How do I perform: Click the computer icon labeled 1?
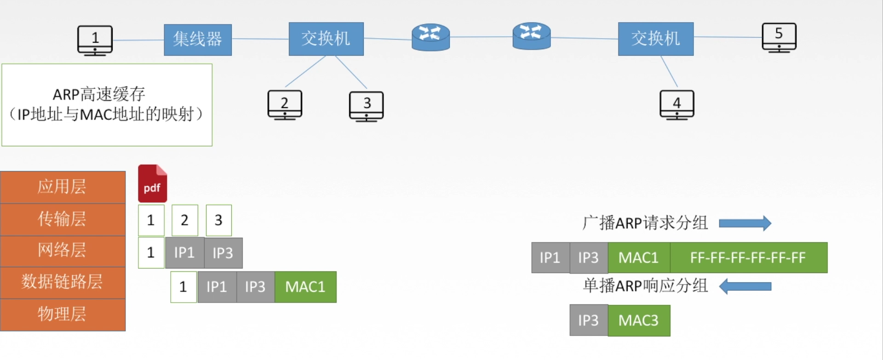pos(95,40)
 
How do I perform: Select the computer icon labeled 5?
pos(779,37)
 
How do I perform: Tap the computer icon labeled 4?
pos(677,105)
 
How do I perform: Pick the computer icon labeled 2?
pos(285,105)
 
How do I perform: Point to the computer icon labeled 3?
pos(366,106)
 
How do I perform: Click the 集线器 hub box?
pos(198,40)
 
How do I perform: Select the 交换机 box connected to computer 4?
pos(655,39)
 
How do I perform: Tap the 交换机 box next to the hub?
pos(326,39)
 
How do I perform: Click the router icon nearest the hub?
pos(430,37)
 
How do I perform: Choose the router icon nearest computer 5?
pos(532,35)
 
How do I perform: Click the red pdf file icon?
pos(152,183)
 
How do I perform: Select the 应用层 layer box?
pos(63,187)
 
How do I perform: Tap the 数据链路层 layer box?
pos(63,282)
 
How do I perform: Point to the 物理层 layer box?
pos(63,314)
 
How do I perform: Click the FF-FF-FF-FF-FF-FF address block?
pos(748,257)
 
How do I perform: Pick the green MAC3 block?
pos(638,320)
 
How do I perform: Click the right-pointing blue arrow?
pos(745,223)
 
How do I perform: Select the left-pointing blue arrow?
pos(745,286)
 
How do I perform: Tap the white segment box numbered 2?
pos(184,220)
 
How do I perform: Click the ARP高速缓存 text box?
pos(107,105)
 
